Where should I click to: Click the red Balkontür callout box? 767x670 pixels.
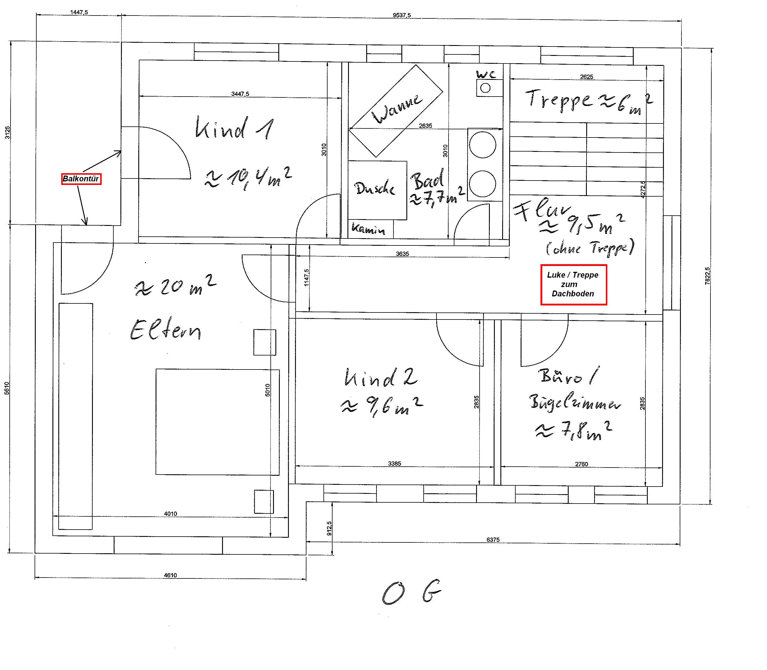click(x=81, y=179)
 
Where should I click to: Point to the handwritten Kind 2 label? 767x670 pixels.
click(x=381, y=378)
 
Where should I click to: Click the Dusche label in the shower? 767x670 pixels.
click(x=375, y=188)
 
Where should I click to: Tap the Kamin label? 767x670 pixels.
click(x=368, y=229)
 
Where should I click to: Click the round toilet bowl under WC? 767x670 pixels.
click(x=485, y=88)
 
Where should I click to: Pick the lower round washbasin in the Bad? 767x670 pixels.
click(x=483, y=183)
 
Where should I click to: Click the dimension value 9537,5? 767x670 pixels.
click(x=402, y=15)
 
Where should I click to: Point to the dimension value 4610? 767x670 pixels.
click(x=170, y=575)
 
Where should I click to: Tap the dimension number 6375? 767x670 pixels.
click(x=493, y=540)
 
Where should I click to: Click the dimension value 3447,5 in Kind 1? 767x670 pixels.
click(x=240, y=94)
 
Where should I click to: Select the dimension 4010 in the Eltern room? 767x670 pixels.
click(x=170, y=514)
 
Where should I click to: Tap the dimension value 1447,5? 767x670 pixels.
click(x=79, y=12)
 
